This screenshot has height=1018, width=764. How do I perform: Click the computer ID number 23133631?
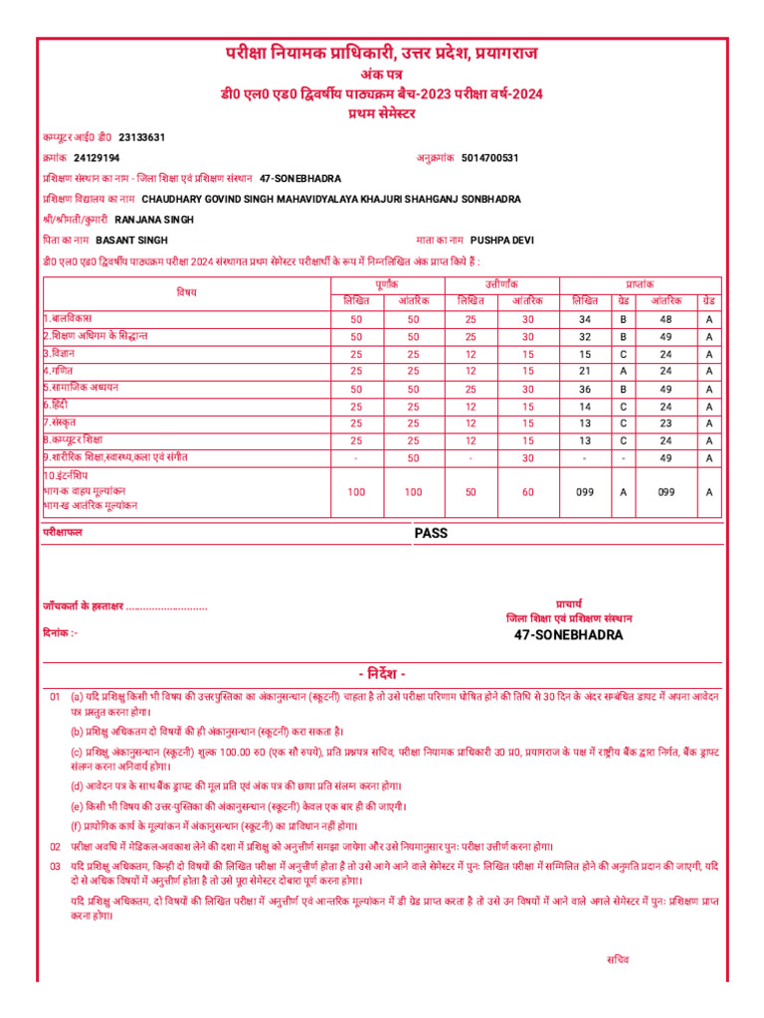point(141,137)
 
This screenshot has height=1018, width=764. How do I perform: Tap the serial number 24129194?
point(96,158)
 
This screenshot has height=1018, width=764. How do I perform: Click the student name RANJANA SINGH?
point(154,220)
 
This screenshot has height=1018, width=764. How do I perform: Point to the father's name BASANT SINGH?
point(131,241)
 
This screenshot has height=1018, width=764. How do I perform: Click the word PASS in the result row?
point(431,533)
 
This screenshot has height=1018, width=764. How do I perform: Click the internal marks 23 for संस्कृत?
point(666,423)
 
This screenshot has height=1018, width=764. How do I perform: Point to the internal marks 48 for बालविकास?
point(666,319)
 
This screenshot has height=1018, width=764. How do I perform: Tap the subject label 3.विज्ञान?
point(60,353)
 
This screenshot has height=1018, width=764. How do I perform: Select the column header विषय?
point(187,292)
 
